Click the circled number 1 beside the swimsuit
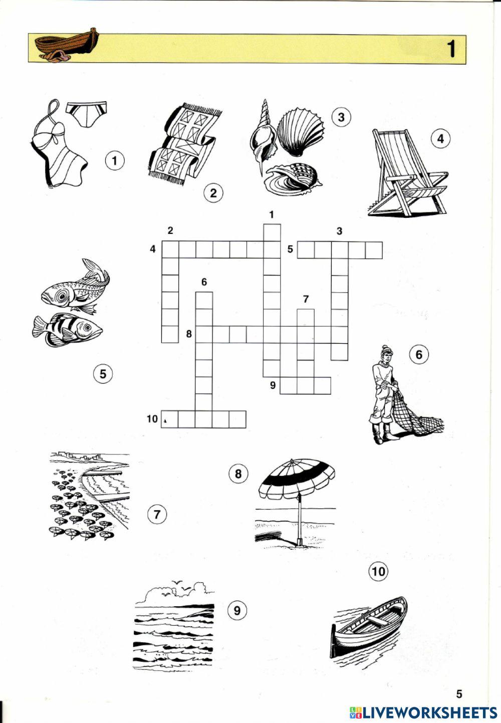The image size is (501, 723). click(x=115, y=160)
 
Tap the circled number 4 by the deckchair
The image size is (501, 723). click(x=441, y=139)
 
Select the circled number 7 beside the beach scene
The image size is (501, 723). click(x=157, y=514)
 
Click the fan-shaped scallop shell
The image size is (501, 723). click(x=300, y=133)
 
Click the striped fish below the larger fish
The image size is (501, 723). click(x=67, y=330)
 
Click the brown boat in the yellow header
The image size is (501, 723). click(x=67, y=45)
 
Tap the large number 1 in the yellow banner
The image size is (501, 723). click(x=452, y=49)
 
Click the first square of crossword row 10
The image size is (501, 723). click(x=170, y=419)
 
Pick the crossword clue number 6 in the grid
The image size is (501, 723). click(x=204, y=282)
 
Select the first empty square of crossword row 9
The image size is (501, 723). click(x=288, y=385)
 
